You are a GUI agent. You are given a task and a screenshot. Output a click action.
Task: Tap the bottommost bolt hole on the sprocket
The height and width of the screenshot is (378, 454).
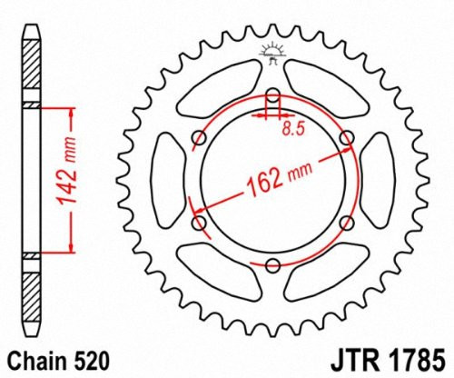click(272, 264)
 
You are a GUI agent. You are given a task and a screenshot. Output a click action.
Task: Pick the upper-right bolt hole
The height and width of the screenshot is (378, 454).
click(345, 137)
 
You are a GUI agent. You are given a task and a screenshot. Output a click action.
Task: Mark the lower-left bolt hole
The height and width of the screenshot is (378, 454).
click(200, 224)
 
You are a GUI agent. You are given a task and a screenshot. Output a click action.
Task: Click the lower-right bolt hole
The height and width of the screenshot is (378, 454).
click(345, 224)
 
